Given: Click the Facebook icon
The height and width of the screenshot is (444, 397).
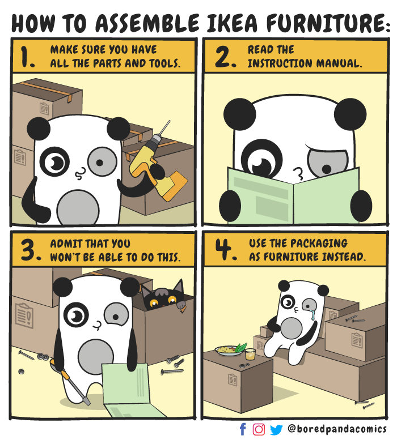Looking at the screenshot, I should (x=243, y=429).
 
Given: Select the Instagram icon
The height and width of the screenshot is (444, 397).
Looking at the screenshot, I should (x=259, y=429).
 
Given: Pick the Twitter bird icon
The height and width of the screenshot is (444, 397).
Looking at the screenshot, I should (x=276, y=429).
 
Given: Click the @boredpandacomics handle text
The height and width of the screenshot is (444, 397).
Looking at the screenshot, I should (x=337, y=429).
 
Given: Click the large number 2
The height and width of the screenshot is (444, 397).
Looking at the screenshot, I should (x=226, y=58).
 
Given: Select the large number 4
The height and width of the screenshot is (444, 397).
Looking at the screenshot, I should (x=225, y=250).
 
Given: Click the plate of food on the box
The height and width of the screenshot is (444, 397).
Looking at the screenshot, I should (x=229, y=351).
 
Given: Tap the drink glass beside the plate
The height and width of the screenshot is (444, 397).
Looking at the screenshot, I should (x=250, y=355).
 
